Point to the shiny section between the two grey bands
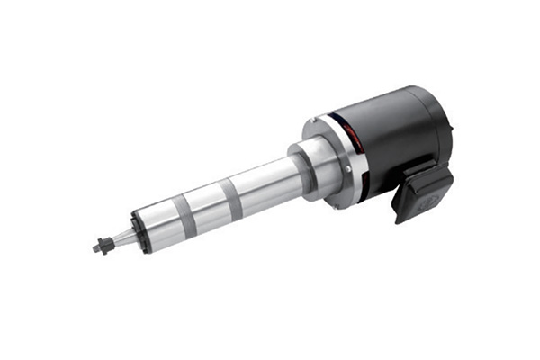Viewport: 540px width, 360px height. (207, 201)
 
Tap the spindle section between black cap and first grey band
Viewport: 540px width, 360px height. (157, 220)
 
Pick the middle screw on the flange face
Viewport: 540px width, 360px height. (346, 167)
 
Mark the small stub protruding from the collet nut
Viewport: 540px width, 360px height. (95, 246)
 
